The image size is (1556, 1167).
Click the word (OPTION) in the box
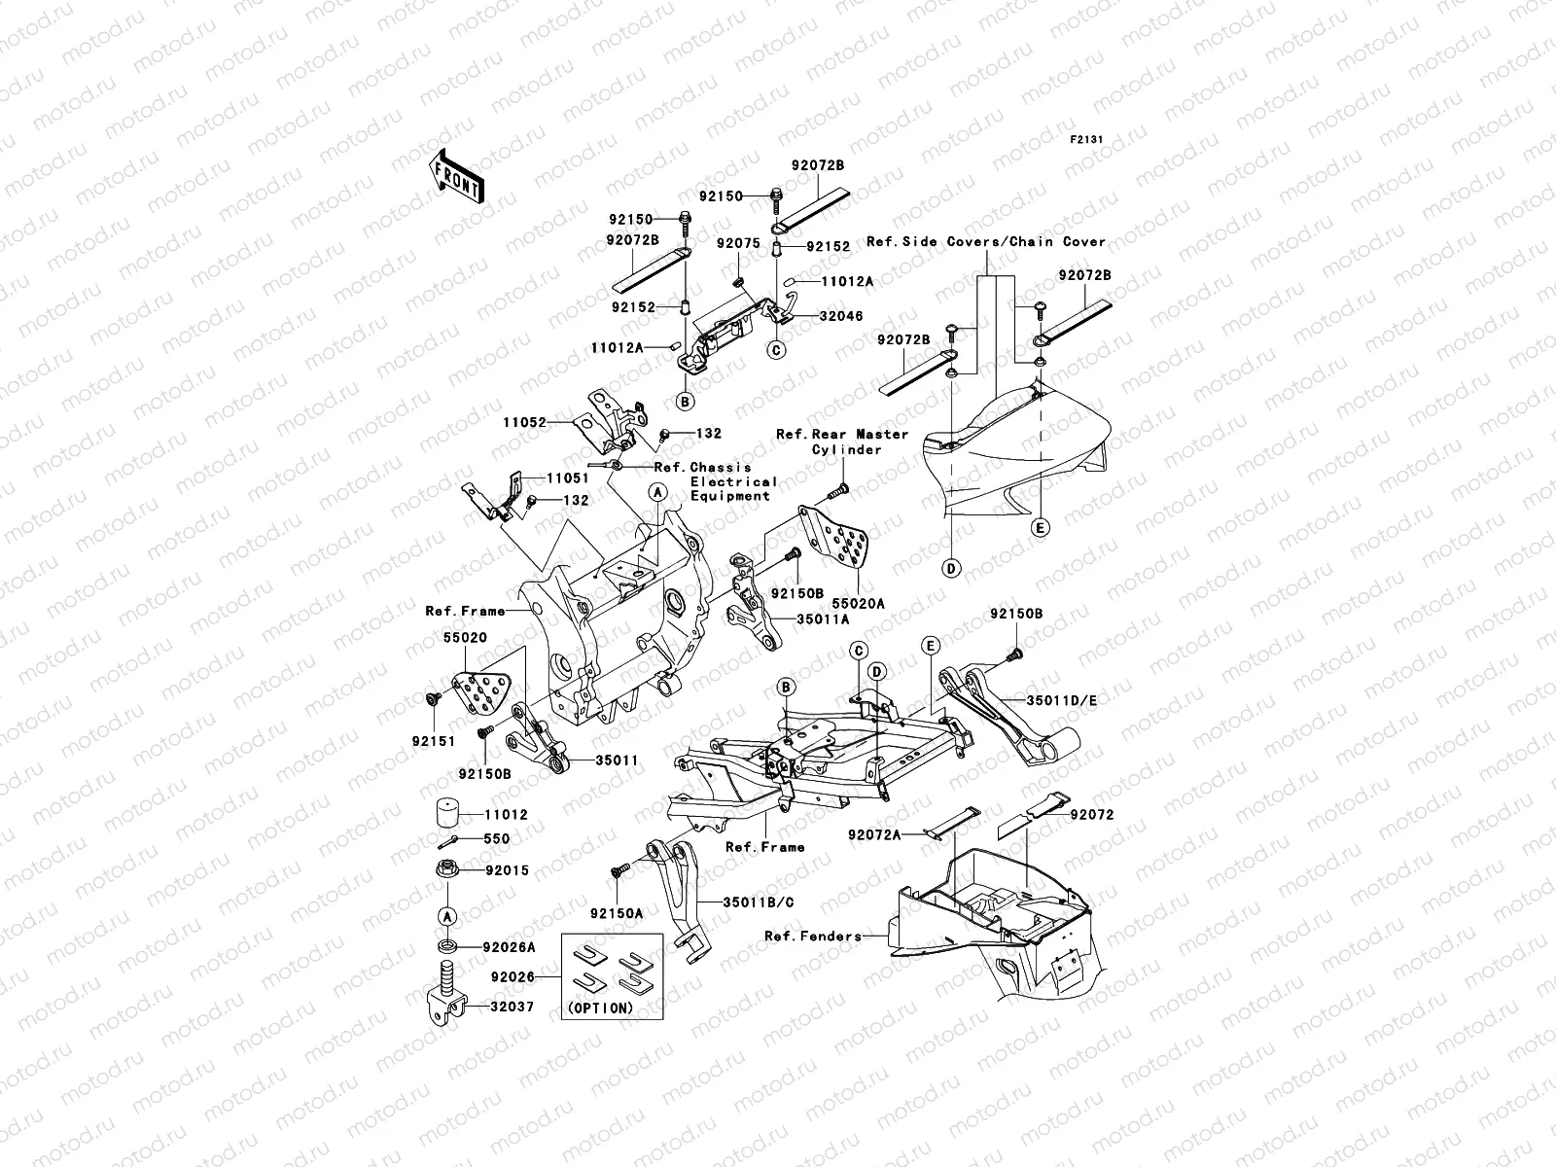[598, 1008]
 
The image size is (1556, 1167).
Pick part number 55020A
[858, 603]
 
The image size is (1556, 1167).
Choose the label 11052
[524, 423]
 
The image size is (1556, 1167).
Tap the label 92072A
[873, 834]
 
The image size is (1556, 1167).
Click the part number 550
[497, 838]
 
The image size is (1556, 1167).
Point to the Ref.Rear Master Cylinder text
[841, 442]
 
